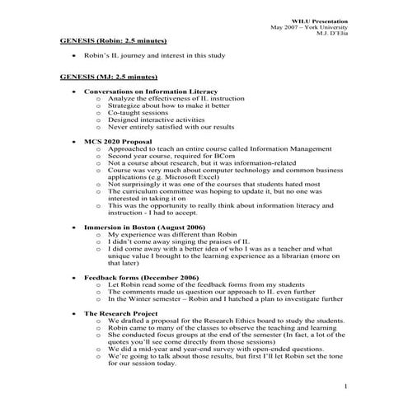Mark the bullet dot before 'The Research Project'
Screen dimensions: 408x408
click(76, 315)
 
